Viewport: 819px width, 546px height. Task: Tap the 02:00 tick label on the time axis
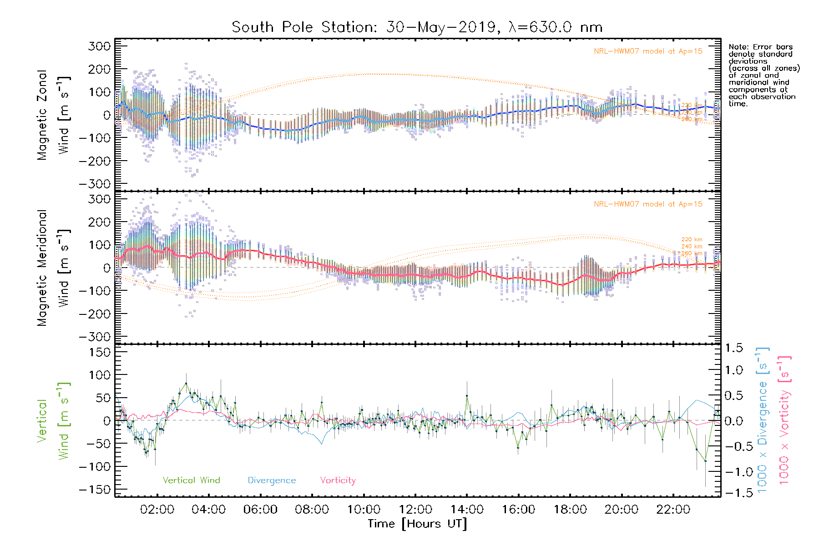[157, 510]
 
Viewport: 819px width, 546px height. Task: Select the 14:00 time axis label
[467, 510]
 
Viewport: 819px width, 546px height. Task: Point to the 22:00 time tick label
[673, 510]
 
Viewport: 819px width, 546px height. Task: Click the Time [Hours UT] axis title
[417, 524]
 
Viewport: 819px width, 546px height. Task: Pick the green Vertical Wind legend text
[191, 480]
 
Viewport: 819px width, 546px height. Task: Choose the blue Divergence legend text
[272, 480]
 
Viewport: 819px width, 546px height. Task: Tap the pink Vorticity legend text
[338, 480]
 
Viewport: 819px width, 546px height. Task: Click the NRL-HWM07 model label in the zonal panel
[648, 51]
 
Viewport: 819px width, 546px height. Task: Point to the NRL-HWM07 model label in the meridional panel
[648, 204]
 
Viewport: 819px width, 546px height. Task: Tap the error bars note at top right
[763, 75]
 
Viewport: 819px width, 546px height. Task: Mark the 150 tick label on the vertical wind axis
[100, 352]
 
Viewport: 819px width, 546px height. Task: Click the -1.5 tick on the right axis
[733, 493]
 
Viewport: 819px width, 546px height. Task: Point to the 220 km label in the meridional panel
[692, 239]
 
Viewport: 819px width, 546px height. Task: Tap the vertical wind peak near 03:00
[186, 384]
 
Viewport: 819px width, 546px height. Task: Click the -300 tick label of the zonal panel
[95, 184]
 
